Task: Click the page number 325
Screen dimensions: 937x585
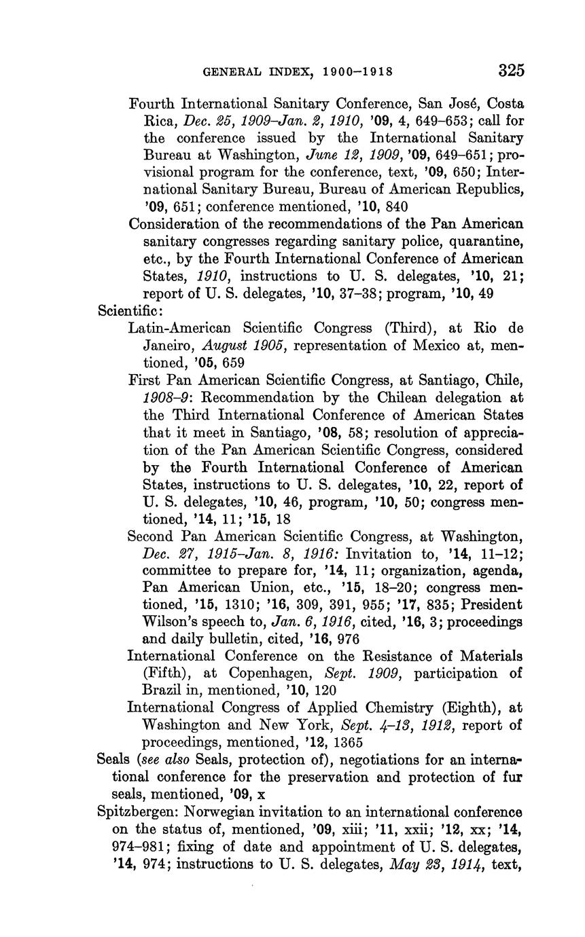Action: coord(512,71)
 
